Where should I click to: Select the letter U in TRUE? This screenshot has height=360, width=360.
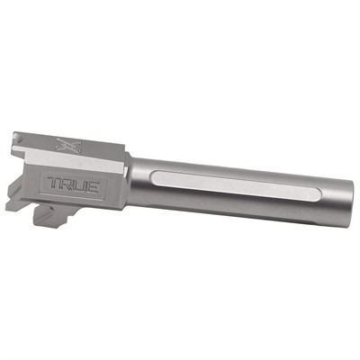pyautogui.click(x=86, y=187)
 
